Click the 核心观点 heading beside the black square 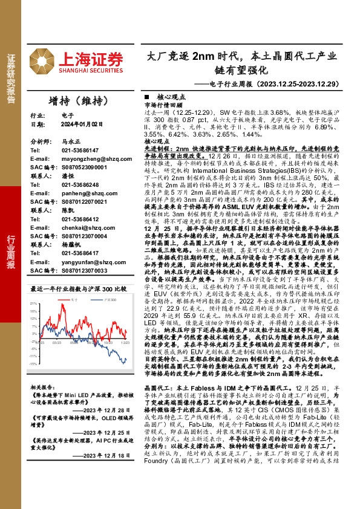point(171,97)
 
